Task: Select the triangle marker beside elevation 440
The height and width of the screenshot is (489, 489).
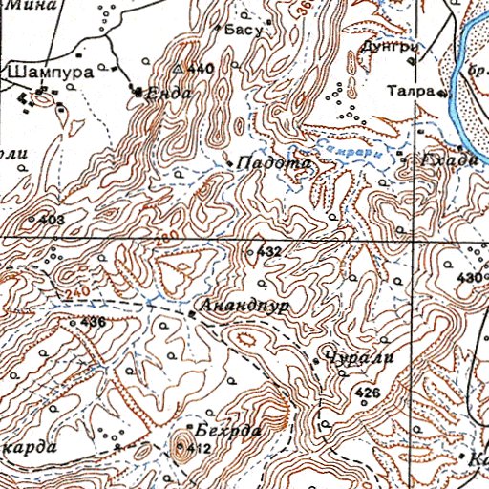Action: click(178, 70)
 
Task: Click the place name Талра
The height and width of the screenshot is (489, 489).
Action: click(412, 93)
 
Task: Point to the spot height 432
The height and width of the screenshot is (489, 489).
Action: click(270, 252)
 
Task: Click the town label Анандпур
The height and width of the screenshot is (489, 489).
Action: click(246, 308)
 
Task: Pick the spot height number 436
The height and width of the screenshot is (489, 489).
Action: click(93, 322)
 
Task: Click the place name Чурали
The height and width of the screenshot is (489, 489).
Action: click(354, 357)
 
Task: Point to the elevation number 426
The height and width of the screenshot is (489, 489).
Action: click(368, 393)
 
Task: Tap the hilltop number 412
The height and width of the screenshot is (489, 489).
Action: click(199, 448)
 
